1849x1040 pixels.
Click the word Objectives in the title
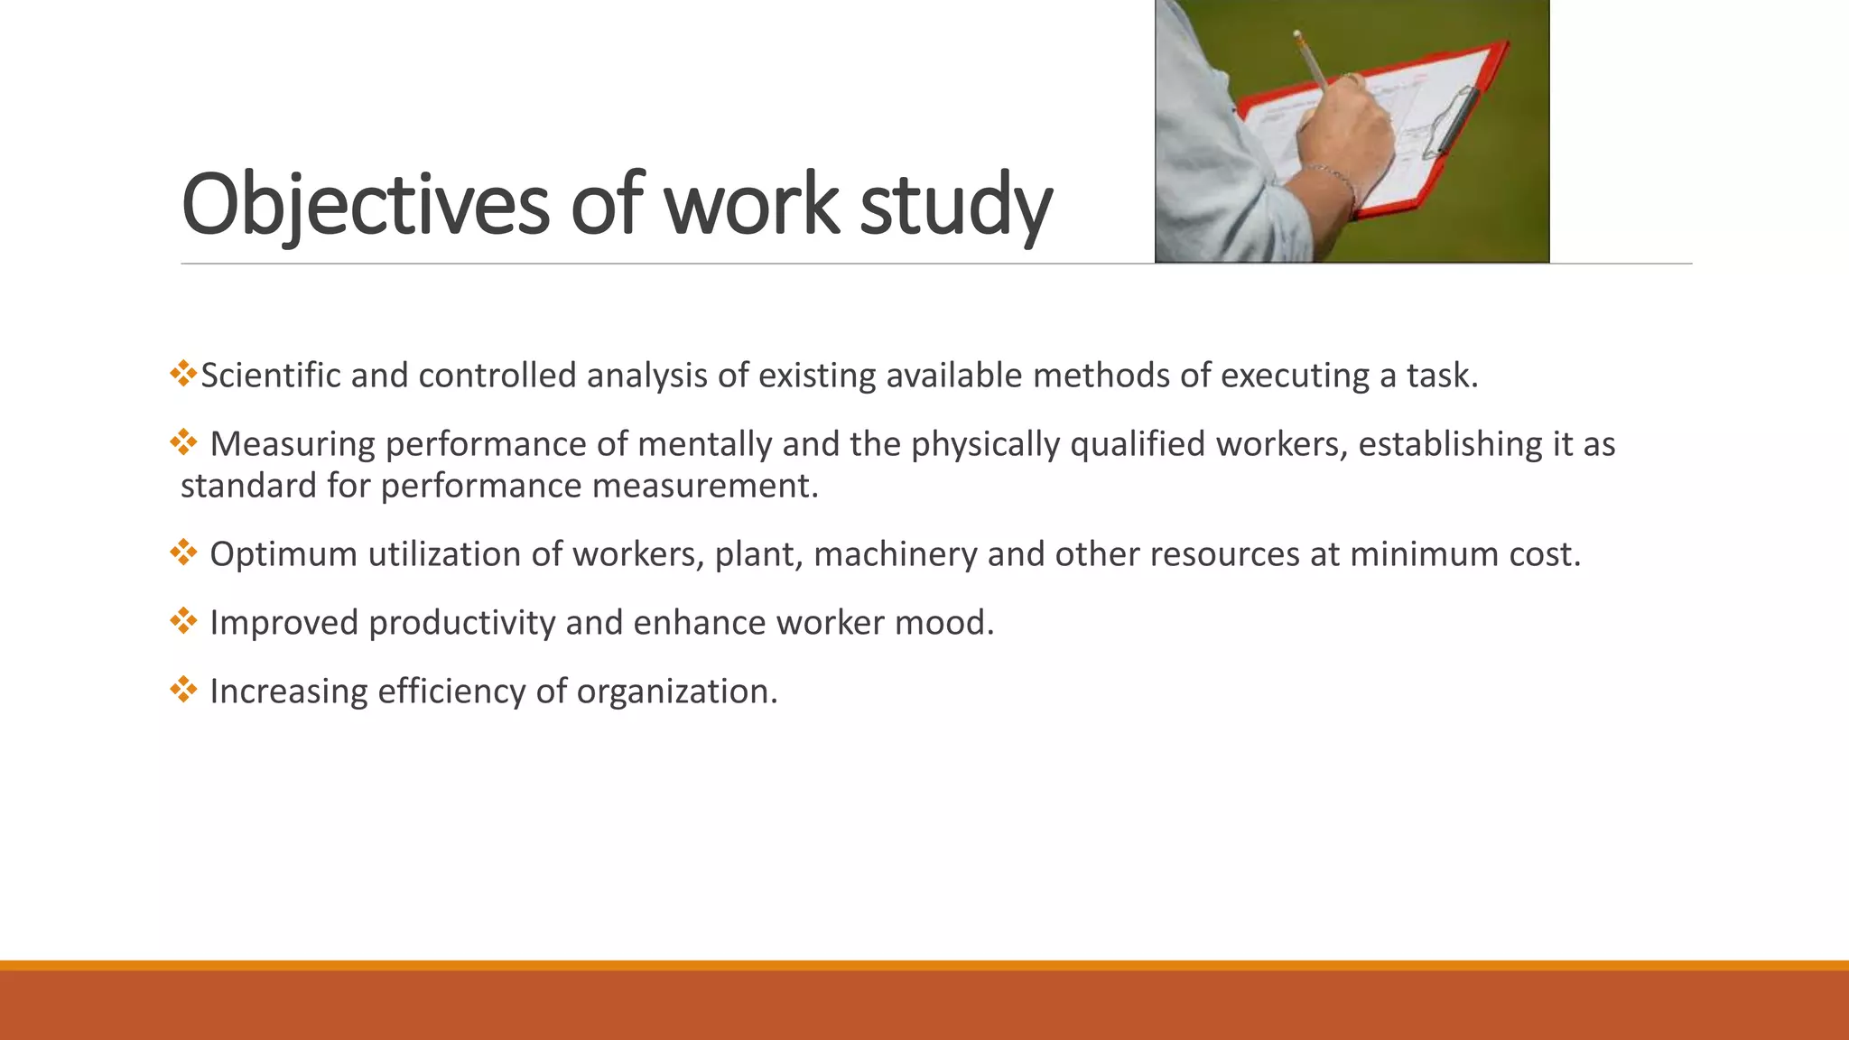[365, 205]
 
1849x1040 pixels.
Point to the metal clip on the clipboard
[1454, 122]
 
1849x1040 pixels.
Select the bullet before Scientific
[183, 374]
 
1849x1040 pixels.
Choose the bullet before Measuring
[183, 442]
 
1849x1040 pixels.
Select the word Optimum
[283, 554]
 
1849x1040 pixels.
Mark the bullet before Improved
[183, 621]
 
